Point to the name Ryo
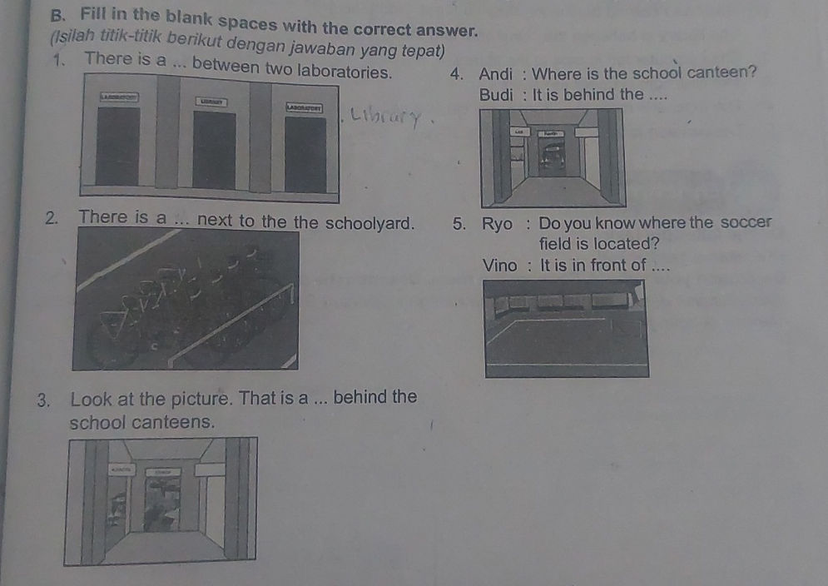pyautogui.click(x=497, y=223)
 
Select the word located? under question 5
pyautogui.click(x=628, y=245)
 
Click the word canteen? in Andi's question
pyautogui.click(x=723, y=72)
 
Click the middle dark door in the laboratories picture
pyautogui.click(x=214, y=150)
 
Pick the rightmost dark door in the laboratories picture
pyautogui.click(x=305, y=153)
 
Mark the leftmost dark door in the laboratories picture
pyautogui.click(x=117, y=146)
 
